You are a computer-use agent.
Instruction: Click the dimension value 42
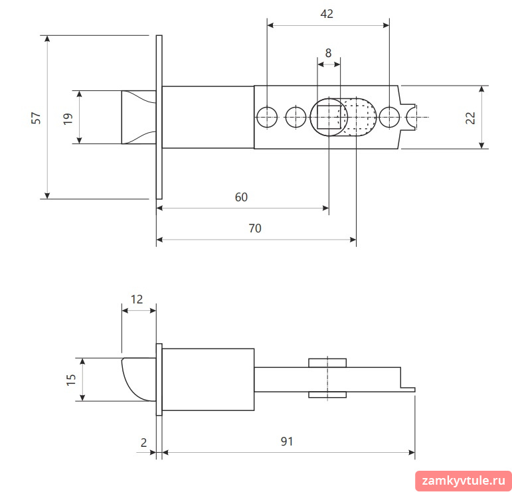327,14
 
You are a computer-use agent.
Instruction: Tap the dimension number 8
329,53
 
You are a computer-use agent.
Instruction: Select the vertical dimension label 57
37,118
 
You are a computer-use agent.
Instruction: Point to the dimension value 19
68,119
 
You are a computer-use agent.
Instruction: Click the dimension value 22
470,118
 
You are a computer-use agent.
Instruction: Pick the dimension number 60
241,197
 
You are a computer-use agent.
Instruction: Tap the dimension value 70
255,228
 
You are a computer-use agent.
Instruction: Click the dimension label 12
137,299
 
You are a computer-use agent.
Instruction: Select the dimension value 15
71,380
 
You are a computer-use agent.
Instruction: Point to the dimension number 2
143,442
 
